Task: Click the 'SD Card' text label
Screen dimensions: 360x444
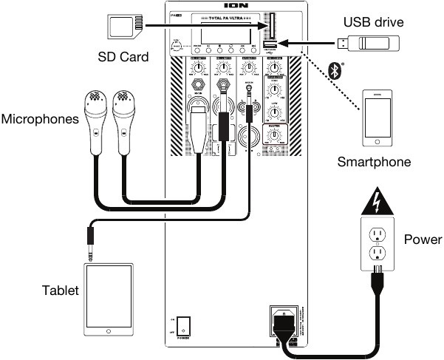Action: [123, 57]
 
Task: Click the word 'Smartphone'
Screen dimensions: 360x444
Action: [373, 161]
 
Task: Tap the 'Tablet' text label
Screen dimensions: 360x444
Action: [60, 291]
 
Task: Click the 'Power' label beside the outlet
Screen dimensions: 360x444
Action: [423, 240]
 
